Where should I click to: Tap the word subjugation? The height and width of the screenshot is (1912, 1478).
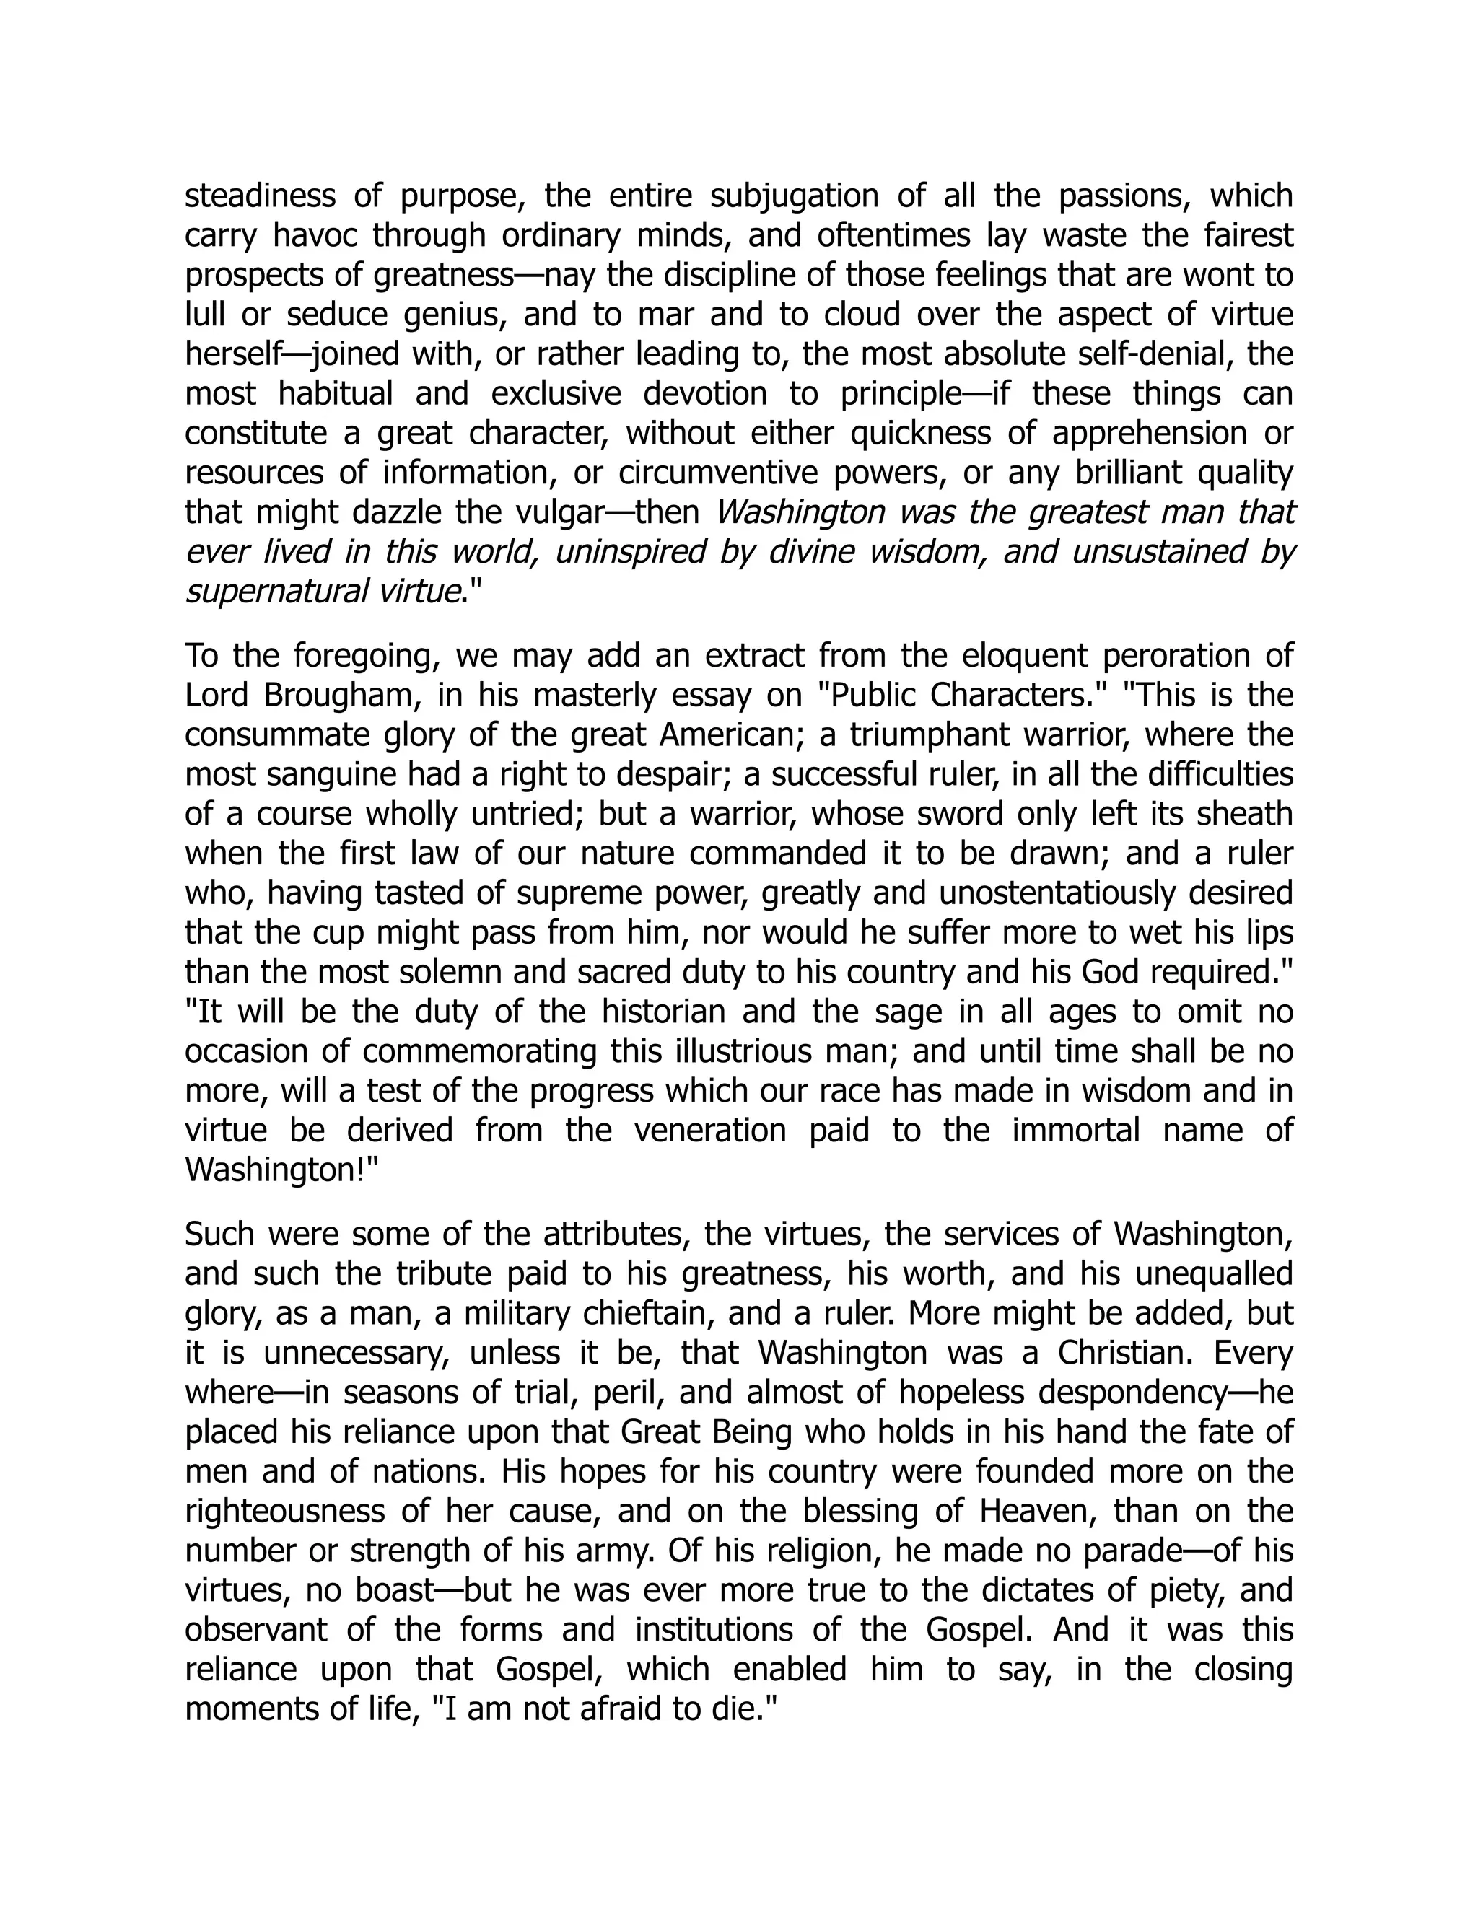tap(793, 196)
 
